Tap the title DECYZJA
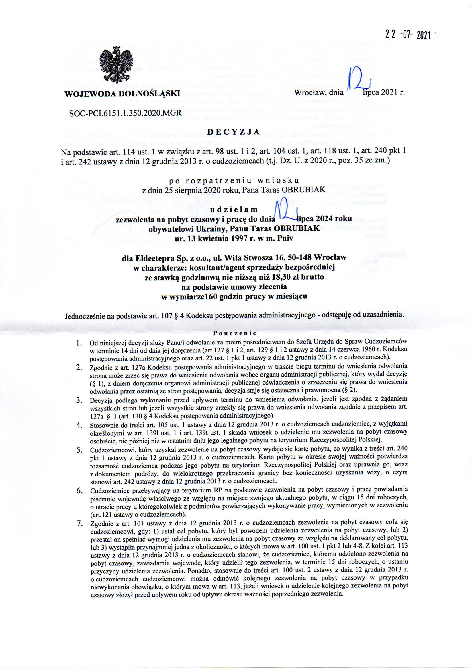233,132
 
